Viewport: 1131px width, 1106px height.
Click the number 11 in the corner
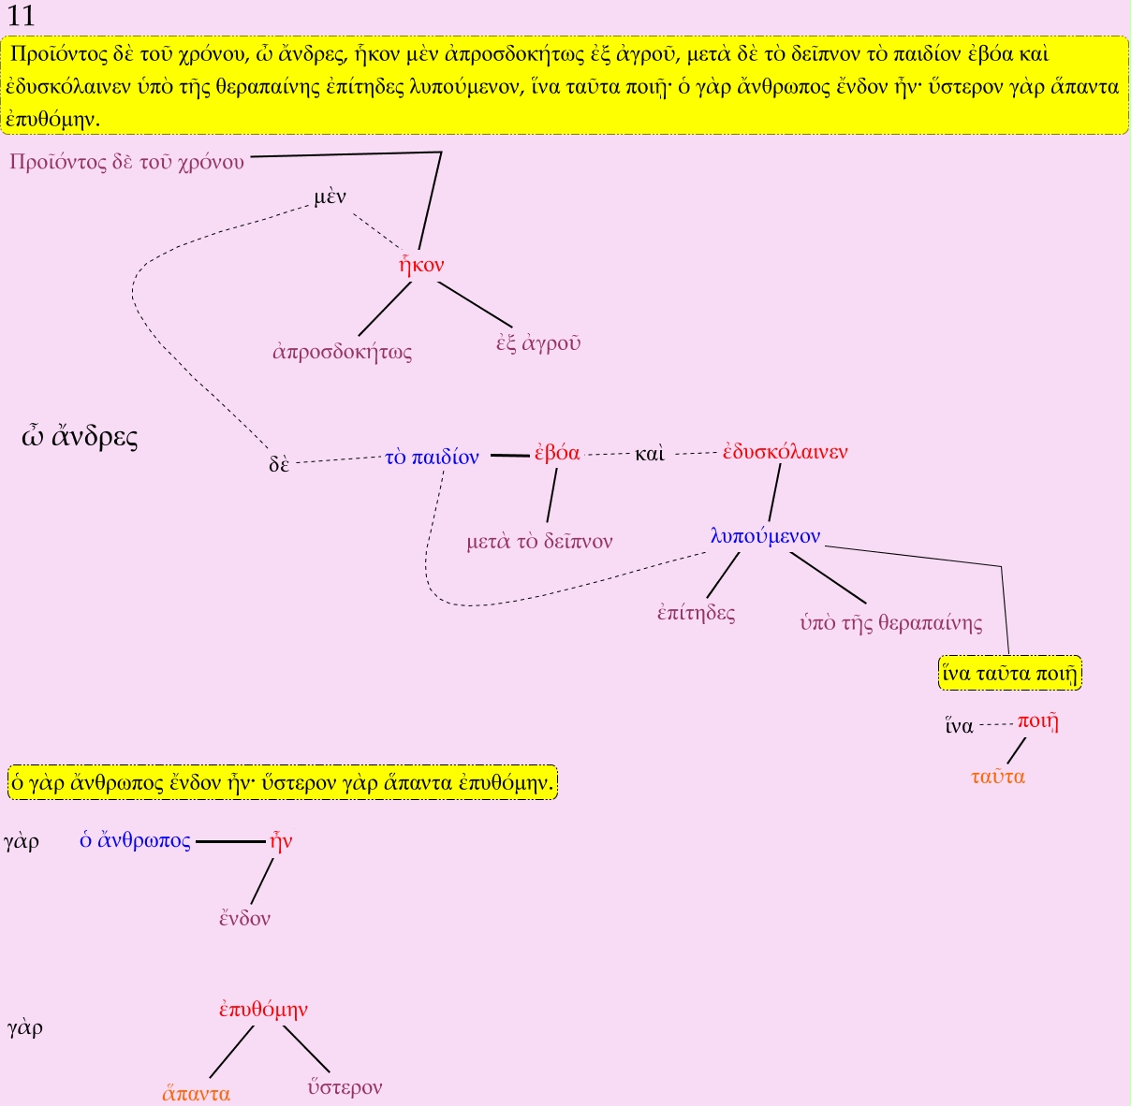coord(20,16)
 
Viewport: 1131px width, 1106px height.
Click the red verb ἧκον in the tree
coord(421,265)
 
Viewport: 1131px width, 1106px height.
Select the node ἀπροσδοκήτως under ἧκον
coord(342,352)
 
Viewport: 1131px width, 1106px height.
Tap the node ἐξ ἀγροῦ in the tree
coord(538,343)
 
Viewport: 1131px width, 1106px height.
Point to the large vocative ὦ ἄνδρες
coord(80,437)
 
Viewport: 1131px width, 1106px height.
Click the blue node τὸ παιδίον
coord(433,458)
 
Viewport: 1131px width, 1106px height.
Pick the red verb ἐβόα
coord(557,453)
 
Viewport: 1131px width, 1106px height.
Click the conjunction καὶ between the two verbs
coord(649,454)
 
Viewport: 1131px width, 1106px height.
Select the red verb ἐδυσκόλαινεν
coord(786,452)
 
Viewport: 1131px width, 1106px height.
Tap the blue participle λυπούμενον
coord(765,536)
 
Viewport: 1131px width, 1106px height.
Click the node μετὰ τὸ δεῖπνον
coord(539,542)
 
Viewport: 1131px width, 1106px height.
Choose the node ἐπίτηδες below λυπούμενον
coord(696,613)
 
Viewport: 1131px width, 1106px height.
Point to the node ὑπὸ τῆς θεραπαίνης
coord(890,623)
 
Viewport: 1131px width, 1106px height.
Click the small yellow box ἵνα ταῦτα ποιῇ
coord(1010,673)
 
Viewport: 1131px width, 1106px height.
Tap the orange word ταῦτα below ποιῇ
coord(997,777)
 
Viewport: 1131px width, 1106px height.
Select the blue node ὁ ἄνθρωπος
coord(135,841)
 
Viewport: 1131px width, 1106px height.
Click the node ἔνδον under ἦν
coord(244,918)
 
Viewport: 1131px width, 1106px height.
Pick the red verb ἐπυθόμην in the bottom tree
coord(263,1010)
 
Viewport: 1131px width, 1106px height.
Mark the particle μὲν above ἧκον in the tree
coord(330,197)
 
